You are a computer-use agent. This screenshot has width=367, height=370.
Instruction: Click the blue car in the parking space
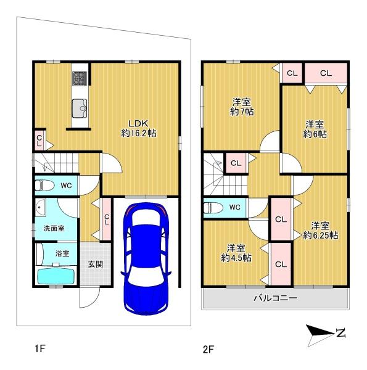[146, 259]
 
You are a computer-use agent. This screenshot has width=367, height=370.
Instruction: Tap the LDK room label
[138, 123]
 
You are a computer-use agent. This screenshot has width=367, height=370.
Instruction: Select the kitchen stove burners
[80, 78]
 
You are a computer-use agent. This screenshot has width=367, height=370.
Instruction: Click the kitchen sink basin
[80, 109]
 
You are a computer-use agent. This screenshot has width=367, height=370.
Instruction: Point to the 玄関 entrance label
[96, 264]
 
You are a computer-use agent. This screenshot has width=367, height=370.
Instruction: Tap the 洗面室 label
[54, 228]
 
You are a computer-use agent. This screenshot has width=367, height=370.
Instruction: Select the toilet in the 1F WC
[43, 186]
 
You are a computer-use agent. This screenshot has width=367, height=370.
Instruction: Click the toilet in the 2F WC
[213, 208]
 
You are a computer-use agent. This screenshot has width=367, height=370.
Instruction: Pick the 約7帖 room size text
[242, 112]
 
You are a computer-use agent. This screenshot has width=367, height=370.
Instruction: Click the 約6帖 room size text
[315, 134]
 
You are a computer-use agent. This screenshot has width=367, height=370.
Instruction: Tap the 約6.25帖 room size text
[320, 236]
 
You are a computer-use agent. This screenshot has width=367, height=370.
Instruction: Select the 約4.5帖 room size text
[236, 258]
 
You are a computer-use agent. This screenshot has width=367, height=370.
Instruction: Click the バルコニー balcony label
[275, 298]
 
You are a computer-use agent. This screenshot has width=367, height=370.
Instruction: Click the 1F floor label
[39, 348]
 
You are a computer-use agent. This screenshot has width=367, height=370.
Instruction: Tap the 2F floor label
[208, 349]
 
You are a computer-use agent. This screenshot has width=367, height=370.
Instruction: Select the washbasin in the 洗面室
[40, 207]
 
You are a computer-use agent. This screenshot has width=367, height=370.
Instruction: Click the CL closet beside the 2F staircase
[236, 163]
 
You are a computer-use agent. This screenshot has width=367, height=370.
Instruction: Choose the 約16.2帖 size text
[139, 133]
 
